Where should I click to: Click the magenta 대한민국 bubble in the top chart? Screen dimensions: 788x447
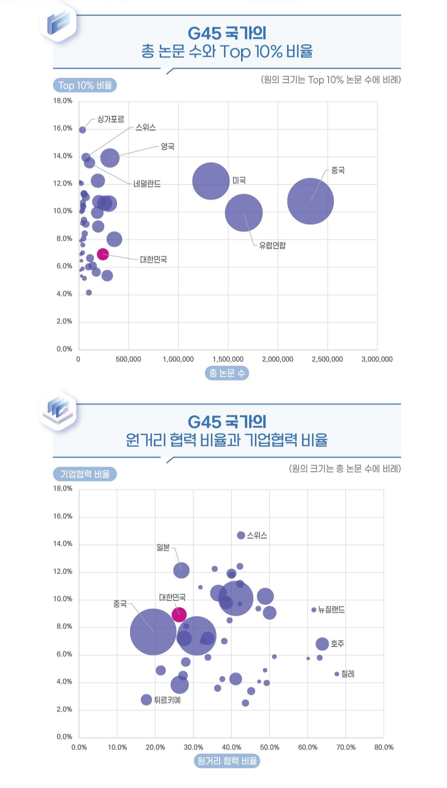click(103, 254)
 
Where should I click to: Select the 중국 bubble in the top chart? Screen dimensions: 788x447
click(310, 201)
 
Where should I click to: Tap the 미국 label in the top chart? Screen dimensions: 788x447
click(239, 181)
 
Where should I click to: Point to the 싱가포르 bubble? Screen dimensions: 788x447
click(82, 130)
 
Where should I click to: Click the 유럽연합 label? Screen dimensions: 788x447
click(272, 246)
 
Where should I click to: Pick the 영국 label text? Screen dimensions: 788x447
click(168, 147)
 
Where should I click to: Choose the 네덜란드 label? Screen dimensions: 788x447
click(147, 184)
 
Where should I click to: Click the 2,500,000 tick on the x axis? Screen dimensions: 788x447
click(327, 359)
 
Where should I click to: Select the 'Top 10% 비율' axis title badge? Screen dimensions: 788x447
click(85, 85)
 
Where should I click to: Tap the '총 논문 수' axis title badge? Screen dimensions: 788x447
click(227, 373)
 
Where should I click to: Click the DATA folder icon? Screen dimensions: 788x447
click(58, 22)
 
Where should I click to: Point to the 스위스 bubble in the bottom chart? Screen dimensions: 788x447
click(241, 535)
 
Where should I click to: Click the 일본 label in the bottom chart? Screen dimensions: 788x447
click(163, 547)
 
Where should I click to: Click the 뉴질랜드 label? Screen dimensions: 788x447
click(331, 610)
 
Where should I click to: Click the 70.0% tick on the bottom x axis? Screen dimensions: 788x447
click(346, 747)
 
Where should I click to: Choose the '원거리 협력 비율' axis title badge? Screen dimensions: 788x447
click(227, 761)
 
